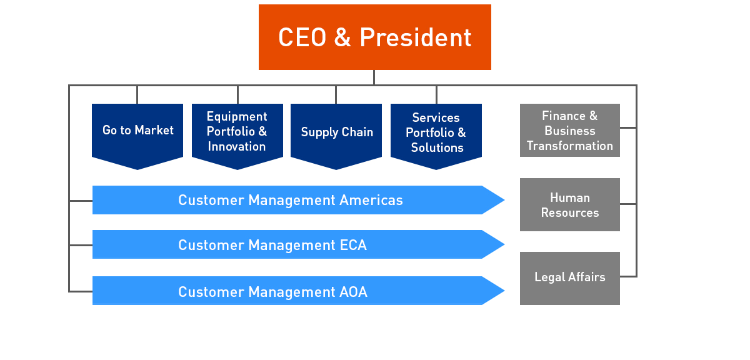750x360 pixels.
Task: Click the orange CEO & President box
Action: (374, 37)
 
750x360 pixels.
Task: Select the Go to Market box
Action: (137, 131)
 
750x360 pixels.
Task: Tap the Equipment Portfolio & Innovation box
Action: (237, 131)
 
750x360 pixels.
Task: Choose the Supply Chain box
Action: (336, 132)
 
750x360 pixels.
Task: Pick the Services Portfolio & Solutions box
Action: (436, 132)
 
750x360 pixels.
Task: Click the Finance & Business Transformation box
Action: (569, 131)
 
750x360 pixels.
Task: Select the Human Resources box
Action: (569, 205)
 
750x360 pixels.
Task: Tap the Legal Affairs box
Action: (569, 277)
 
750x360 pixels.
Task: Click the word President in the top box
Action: (415, 37)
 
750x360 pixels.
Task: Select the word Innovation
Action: (237, 147)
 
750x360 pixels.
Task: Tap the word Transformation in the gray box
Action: (569, 146)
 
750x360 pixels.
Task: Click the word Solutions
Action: (437, 148)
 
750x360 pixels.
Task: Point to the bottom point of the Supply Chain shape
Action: (336, 167)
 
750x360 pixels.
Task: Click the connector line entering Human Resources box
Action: (628, 204)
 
